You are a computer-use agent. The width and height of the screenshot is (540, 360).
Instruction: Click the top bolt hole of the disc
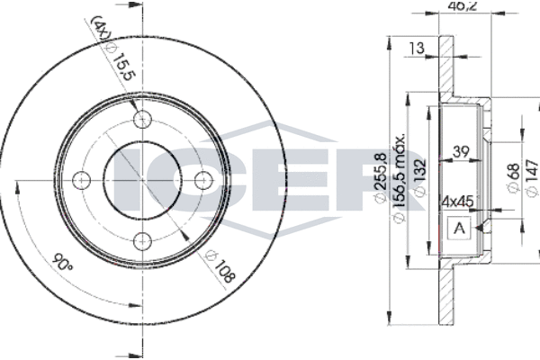tap(142, 120)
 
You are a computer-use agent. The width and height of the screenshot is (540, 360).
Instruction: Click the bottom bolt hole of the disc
tap(142, 241)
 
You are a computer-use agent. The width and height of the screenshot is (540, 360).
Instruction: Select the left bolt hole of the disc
tap(82, 180)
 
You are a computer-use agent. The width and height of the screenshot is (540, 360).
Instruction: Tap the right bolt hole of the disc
tap(203, 180)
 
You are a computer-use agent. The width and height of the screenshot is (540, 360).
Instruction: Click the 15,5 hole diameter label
tap(123, 67)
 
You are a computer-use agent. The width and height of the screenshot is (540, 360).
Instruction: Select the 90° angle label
tap(62, 263)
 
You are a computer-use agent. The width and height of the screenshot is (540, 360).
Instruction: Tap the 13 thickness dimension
tap(417, 48)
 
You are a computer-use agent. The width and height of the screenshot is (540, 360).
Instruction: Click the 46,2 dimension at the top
tap(463, 5)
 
